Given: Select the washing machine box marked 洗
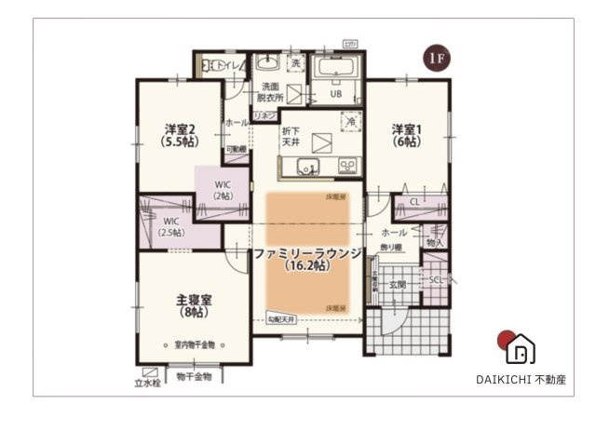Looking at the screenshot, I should [x=295, y=64].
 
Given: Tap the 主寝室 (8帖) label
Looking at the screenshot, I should [x=195, y=306].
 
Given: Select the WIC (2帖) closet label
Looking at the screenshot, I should [x=223, y=190].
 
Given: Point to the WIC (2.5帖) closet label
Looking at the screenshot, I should [x=170, y=226].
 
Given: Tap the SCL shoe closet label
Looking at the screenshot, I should [x=435, y=279].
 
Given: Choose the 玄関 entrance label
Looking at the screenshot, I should [x=398, y=284].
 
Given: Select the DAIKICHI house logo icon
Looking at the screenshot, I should [x=519, y=349].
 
